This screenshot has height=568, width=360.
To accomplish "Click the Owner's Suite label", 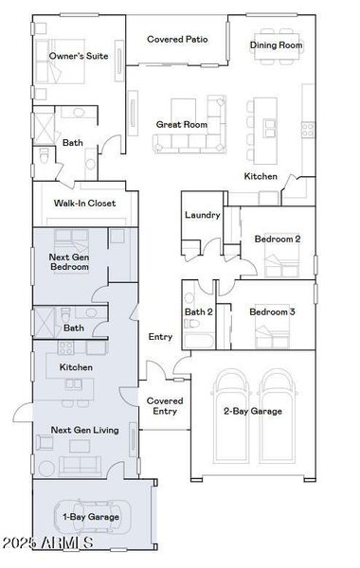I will (x=79, y=57).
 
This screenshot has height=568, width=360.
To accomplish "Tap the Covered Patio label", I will (x=177, y=40).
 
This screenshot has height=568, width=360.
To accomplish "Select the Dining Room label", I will (x=277, y=45).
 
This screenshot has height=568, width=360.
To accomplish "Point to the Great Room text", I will (x=182, y=124).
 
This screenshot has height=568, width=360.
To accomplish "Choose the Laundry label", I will (x=203, y=215).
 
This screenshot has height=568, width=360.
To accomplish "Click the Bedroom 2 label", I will (x=278, y=240).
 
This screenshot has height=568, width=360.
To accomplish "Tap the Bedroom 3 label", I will (x=272, y=311).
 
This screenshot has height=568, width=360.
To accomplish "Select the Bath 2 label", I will (x=199, y=311).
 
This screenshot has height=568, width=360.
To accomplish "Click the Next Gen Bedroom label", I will (x=69, y=261).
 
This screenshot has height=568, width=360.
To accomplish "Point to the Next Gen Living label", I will (x=84, y=430).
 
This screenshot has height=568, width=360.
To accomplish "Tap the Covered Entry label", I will (x=164, y=405).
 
